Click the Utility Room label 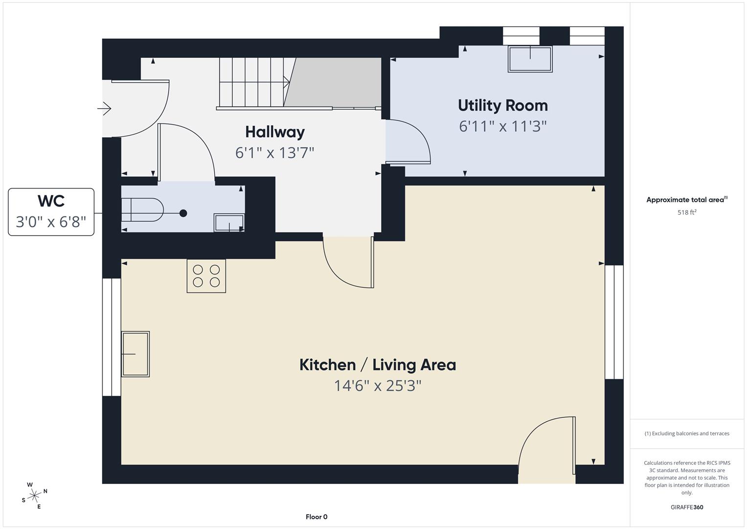502,105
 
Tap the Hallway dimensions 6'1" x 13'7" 274,153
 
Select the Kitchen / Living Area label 377,365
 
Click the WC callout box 51,212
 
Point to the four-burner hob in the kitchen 206,276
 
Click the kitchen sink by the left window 135,354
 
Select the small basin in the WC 229,223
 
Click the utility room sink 530,59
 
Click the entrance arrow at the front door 105,108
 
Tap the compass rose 34,496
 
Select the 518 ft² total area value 687,213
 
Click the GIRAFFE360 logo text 687,507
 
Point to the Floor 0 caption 317,517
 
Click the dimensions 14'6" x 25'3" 377,386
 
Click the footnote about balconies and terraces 687,433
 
